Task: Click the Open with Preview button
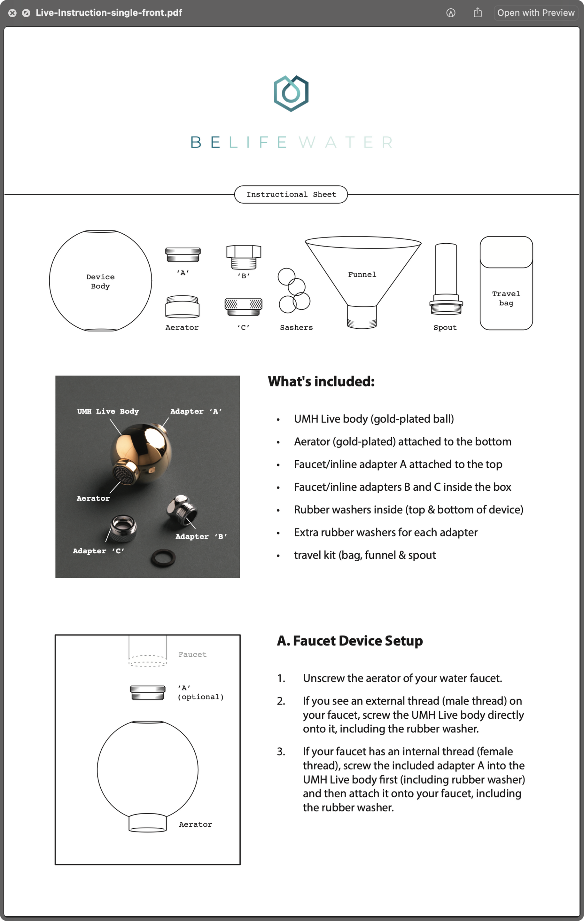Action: pyautogui.click(x=535, y=13)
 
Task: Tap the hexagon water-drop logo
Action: pyautogui.click(x=291, y=93)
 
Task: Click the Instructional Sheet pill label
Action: pyautogui.click(x=291, y=194)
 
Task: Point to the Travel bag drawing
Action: pyautogui.click(x=506, y=283)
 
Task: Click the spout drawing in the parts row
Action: pyautogui.click(x=446, y=279)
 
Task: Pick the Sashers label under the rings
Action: pyautogui.click(x=296, y=327)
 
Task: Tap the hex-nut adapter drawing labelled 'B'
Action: pyautogui.click(x=243, y=257)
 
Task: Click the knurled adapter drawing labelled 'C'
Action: pyautogui.click(x=243, y=306)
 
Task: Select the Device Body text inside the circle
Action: pyautogui.click(x=100, y=281)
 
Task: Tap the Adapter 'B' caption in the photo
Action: pyautogui.click(x=201, y=536)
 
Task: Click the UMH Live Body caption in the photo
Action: pyautogui.click(x=108, y=411)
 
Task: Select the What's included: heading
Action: pyautogui.click(x=321, y=381)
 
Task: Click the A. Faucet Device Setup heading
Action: pyautogui.click(x=350, y=640)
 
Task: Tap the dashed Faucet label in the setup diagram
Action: pyautogui.click(x=192, y=654)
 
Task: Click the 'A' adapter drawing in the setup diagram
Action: pyautogui.click(x=148, y=692)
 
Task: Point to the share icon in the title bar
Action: pyautogui.click(x=478, y=13)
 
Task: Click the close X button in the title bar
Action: pyautogui.click(x=12, y=13)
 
